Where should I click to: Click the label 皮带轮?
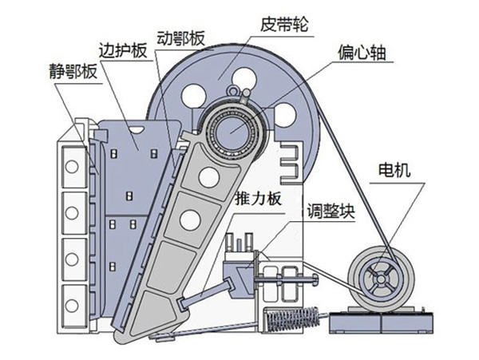284,25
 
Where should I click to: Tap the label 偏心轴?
362,53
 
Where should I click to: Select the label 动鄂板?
180,38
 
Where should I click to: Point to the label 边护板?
123,50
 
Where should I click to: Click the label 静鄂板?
73,72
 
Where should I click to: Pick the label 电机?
394,170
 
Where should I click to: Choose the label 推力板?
258,199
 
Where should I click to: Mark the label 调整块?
331,211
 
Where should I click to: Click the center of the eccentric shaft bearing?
233,130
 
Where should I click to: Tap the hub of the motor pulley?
381,279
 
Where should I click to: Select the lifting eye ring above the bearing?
233,91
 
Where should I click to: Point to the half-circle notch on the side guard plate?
136,129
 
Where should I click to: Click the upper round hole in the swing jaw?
209,177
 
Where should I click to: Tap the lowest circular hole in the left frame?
72,306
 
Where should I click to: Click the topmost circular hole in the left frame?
72,167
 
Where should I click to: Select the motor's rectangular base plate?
382,322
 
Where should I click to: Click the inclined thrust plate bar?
207,292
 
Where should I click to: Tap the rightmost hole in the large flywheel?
285,115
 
